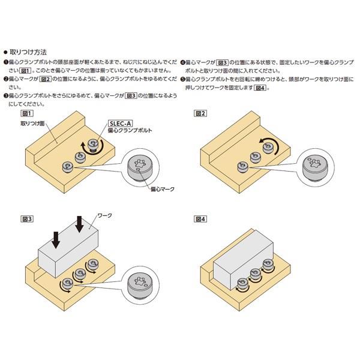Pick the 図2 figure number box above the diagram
pos(200,113)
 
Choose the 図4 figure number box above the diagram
pos(200,219)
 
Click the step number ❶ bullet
pos(6,62)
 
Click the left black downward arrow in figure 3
pos(55,238)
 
